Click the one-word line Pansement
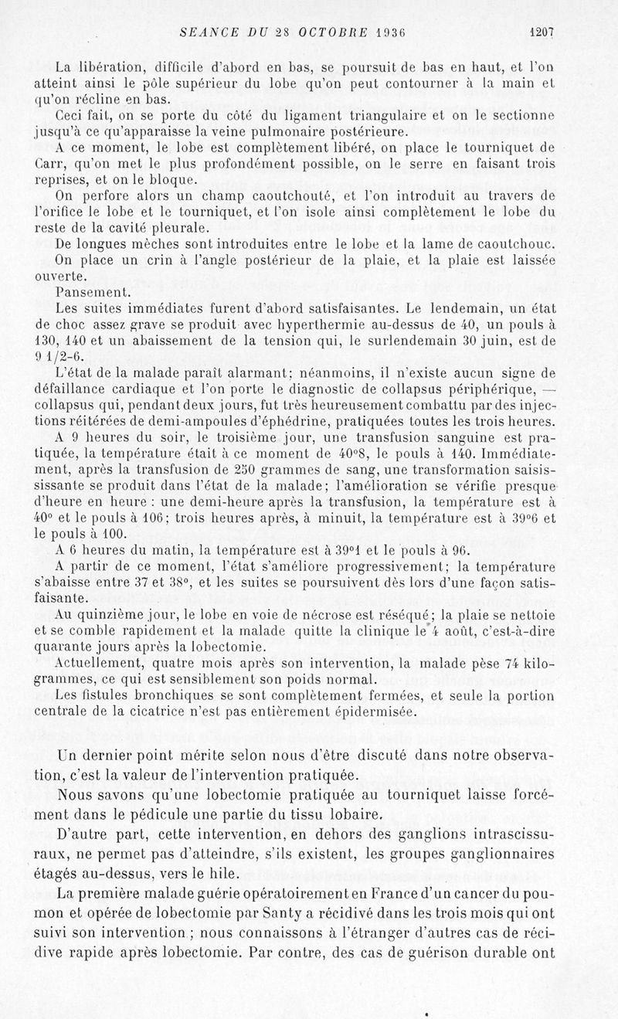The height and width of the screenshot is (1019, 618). pyautogui.click(x=88, y=293)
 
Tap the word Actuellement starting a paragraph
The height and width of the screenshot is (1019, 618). pyautogui.click(x=103, y=664)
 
